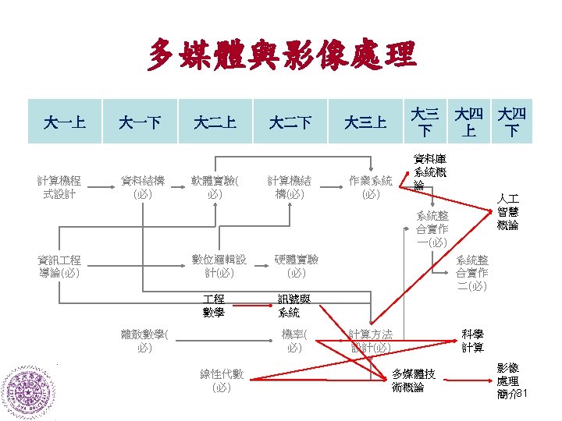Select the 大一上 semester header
click(x=65, y=122)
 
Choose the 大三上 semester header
click(x=365, y=122)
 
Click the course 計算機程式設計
click(x=65, y=188)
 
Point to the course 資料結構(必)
click(x=142, y=188)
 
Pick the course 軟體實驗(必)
click(x=216, y=188)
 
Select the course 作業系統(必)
click(x=371, y=188)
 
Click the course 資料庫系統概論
click(x=430, y=172)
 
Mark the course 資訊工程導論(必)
click(x=65, y=266)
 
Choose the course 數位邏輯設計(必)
click(x=219, y=266)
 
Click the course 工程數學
click(x=213, y=306)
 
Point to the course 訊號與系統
click(x=290, y=306)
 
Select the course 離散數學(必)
click(x=144, y=341)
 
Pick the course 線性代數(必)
click(x=222, y=380)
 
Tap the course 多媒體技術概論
click(x=414, y=380)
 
